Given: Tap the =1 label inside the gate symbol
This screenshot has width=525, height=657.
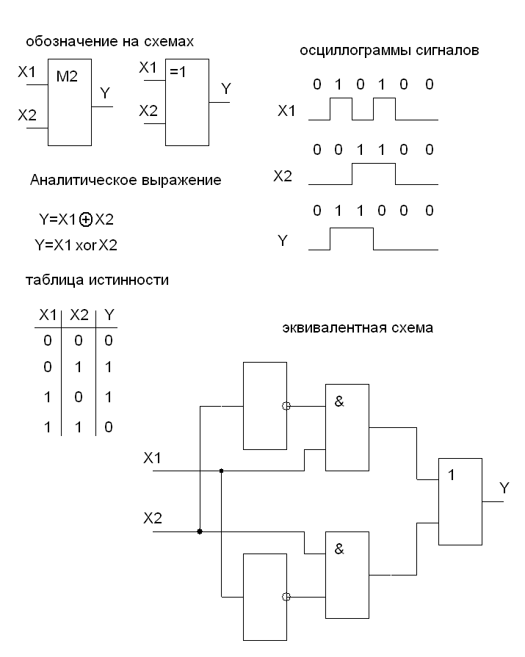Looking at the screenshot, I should [x=178, y=73].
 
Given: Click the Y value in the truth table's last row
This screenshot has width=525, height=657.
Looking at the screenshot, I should [x=109, y=426].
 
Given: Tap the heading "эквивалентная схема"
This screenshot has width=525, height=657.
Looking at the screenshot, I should [x=358, y=328].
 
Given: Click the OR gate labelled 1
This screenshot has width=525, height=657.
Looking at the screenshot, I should [x=460, y=501].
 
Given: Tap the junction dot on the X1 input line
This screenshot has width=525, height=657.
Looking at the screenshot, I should [x=221, y=471].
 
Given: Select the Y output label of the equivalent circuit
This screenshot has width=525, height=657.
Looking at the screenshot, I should [x=504, y=487].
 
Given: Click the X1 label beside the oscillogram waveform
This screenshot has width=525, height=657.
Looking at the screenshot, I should [x=287, y=112].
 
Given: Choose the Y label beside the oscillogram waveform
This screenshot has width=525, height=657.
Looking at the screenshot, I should [x=283, y=241].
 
